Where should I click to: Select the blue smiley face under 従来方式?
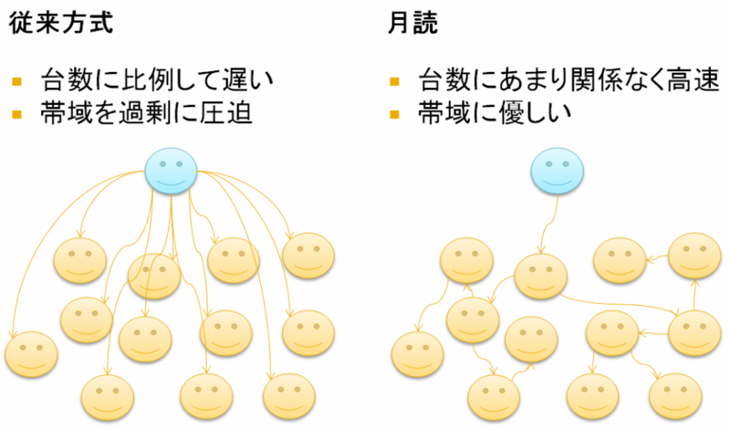[x=171, y=168]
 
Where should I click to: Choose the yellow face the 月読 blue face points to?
[x=541, y=277]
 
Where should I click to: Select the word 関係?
[x=594, y=79]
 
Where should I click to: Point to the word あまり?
[x=521, y=79]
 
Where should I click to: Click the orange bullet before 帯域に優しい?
[x=394, y=114]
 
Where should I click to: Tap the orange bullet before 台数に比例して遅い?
[x=17, y=80]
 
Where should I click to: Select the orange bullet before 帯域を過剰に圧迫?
[x=17, y=114]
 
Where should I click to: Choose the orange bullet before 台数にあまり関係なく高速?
[x=394, y=80]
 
